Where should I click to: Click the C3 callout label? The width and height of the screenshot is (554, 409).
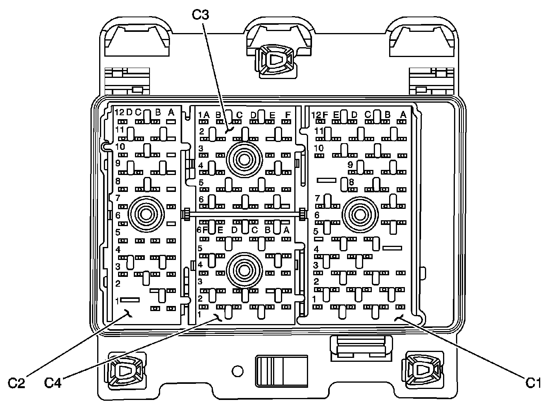click(200, 15)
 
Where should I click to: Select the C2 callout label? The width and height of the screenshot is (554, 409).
click(17, 382)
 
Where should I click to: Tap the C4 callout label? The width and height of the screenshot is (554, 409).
click(53, 382)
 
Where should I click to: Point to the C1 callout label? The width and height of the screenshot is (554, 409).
click(534, 382)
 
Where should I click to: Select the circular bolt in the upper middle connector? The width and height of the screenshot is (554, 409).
click(244, 160)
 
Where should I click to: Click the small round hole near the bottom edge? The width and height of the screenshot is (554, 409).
click(237, 370)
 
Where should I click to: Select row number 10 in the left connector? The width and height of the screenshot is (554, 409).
click(120, 147)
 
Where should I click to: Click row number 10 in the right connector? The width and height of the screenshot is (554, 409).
click(319, 148)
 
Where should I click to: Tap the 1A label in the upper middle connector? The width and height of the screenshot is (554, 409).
click(204, 115)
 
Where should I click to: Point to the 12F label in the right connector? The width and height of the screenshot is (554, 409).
click(319, 115)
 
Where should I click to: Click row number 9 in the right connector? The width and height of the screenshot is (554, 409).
click(350, 165)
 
